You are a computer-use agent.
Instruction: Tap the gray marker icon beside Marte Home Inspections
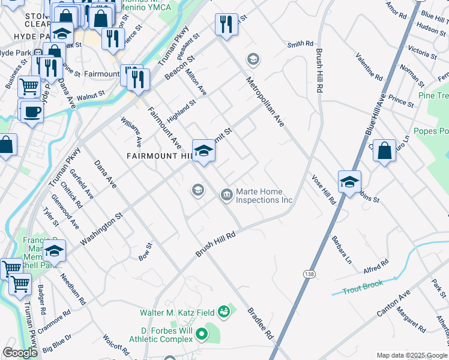click(227, 193)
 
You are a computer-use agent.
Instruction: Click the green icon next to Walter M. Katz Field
click(224, 311)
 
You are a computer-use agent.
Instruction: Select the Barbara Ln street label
click(340, 250)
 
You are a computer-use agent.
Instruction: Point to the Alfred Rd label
click(376, 265)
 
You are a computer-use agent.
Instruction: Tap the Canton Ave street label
click(393, 304)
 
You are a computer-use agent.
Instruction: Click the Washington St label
click(101, 227)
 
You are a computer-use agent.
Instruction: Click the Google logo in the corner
click(20, 353)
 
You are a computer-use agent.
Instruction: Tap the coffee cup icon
click(32, 112)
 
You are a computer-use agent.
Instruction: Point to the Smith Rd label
click(300, 44)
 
